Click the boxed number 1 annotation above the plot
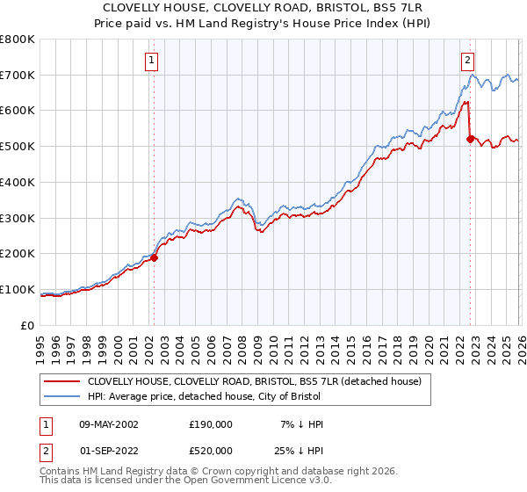pos(152,61)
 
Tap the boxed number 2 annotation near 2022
pos(467,61)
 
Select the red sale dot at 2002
pos(154,257)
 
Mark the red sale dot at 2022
pos(470,139)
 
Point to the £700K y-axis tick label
pos(18,76)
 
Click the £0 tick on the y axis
pos(28,325)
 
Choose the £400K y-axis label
pos(18,183)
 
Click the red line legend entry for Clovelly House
pos(255,381)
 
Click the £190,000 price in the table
pos(211,423)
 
